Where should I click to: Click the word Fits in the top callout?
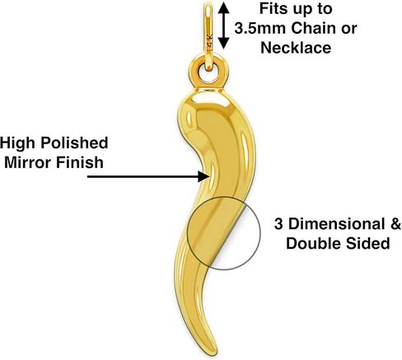pos(272,9)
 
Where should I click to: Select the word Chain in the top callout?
pos(313,28)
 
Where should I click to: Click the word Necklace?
pos(296,48)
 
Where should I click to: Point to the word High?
pos(17,143)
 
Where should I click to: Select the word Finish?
pos(80,162)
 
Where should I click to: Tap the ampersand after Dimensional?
pos(395,224)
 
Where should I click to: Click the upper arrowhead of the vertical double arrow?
pos(224,8)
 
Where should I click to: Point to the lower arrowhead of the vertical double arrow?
pos(224,43)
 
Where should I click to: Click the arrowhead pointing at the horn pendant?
pos(203,176)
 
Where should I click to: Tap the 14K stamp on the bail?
pos(210,41)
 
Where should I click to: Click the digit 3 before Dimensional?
pos(278,224)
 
